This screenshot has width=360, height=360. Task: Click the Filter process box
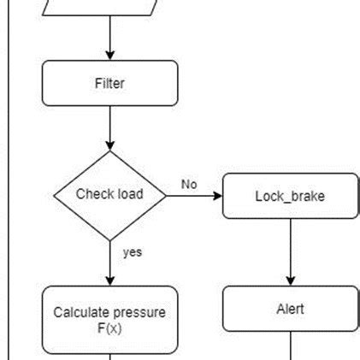point(109,83)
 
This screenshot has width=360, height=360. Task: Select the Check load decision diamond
point(109,194)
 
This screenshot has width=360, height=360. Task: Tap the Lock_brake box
point(290,196)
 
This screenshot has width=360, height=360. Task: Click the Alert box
point(290,309)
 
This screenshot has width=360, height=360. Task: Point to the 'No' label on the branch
point(188,184)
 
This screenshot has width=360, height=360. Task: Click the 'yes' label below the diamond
point(132,252)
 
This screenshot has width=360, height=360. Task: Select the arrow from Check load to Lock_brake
point(194,195)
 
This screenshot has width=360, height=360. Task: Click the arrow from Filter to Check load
point(110,127)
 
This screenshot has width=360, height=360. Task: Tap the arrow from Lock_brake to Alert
point(291,251)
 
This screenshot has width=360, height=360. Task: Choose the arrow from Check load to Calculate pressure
point(110,261)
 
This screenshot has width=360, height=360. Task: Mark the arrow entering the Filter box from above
point(110,38)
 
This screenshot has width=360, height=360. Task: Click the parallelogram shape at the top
point(109,7)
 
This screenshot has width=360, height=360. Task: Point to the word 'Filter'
point(109,83)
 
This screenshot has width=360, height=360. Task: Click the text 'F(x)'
point(109,328)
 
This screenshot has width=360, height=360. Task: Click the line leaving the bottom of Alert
point(291,345)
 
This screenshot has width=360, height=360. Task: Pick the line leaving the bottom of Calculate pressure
point(110,357)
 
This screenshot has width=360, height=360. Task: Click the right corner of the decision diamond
point(164,195)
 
